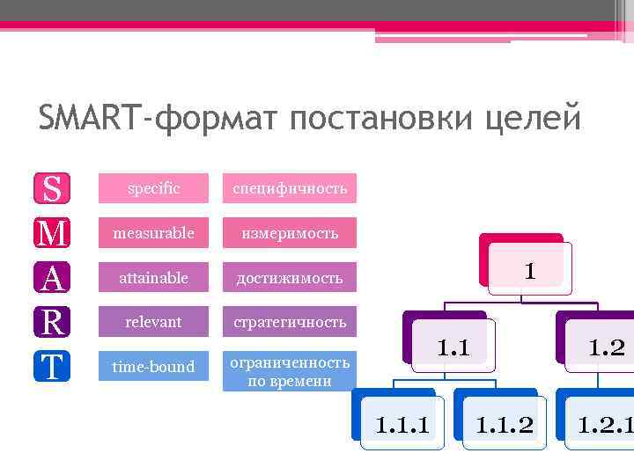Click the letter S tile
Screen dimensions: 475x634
pos(52,188)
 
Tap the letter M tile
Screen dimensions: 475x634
pos(52,233)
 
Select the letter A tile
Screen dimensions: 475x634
pos(52,278)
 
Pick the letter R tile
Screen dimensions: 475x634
pos(52,322)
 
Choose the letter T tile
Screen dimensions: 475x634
pos(52,367)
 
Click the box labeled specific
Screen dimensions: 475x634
pos(153,188)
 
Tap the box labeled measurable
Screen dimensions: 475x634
pos(153,233)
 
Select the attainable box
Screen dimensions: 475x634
pos(153,278)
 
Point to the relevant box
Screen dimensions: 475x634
pos(153,322)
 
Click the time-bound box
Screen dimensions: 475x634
pos(153,367)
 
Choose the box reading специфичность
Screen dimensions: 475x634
pos(289,188)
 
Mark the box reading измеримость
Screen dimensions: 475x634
pos(289,233)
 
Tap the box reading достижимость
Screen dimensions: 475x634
pos(289,278)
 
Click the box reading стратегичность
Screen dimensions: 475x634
pos(289,322)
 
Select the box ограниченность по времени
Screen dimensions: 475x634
pos(289,371)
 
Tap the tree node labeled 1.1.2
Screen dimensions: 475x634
pos(504,425)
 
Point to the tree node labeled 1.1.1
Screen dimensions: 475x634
pos(402,425)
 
